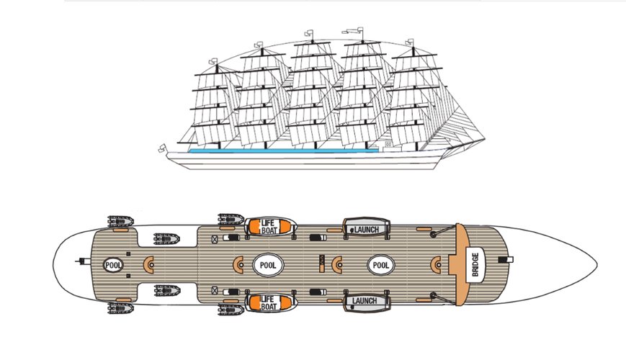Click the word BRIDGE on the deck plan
tap(475, 265)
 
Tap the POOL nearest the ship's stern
tap(113, 265)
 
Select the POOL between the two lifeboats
tap(268, 265)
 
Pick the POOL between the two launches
tap(380, 265)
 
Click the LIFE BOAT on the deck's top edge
tap(268, 227)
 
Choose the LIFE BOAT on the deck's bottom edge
tap(268, 303)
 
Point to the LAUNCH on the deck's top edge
tap(366, 230)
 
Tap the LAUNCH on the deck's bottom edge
tap(365, 300)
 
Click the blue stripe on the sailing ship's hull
tap(283, 151)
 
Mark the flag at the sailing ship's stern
tap(163, 148)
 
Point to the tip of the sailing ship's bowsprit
tap(485, 139)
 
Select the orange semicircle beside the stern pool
tap(148, 265)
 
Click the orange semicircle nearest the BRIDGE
tap(436, 265)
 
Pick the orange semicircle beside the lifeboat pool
tap(238, 265)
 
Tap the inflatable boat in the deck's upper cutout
tap(166, 238)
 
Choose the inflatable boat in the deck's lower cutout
tap(167, 290)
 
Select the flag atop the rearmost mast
tap(213, 61)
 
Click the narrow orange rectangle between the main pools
tap(322, 264)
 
